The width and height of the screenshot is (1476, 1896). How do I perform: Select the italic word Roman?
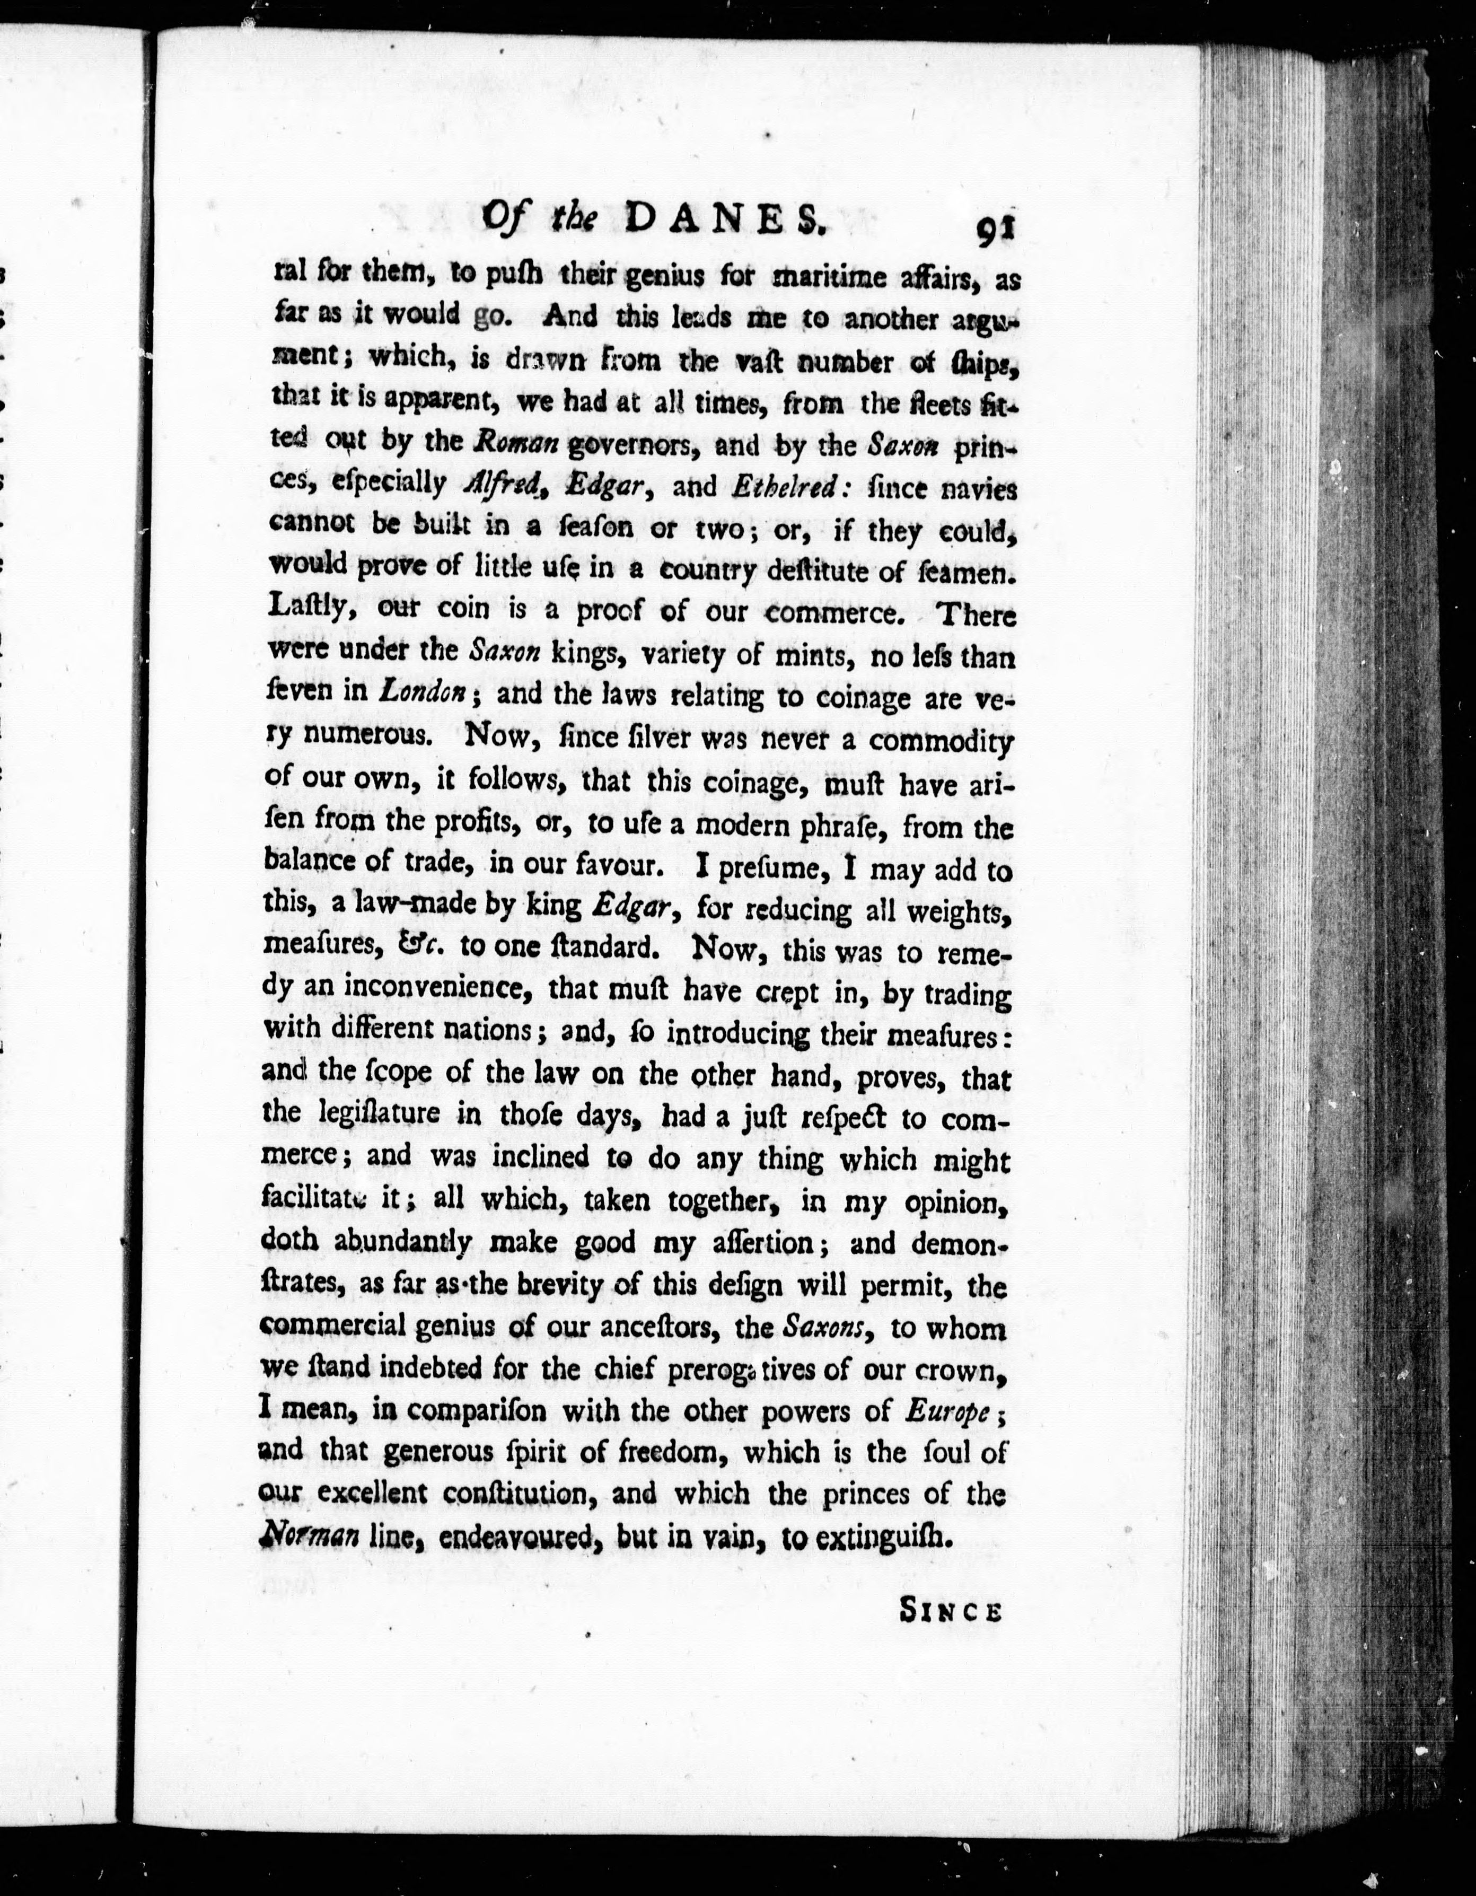[516, 443]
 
